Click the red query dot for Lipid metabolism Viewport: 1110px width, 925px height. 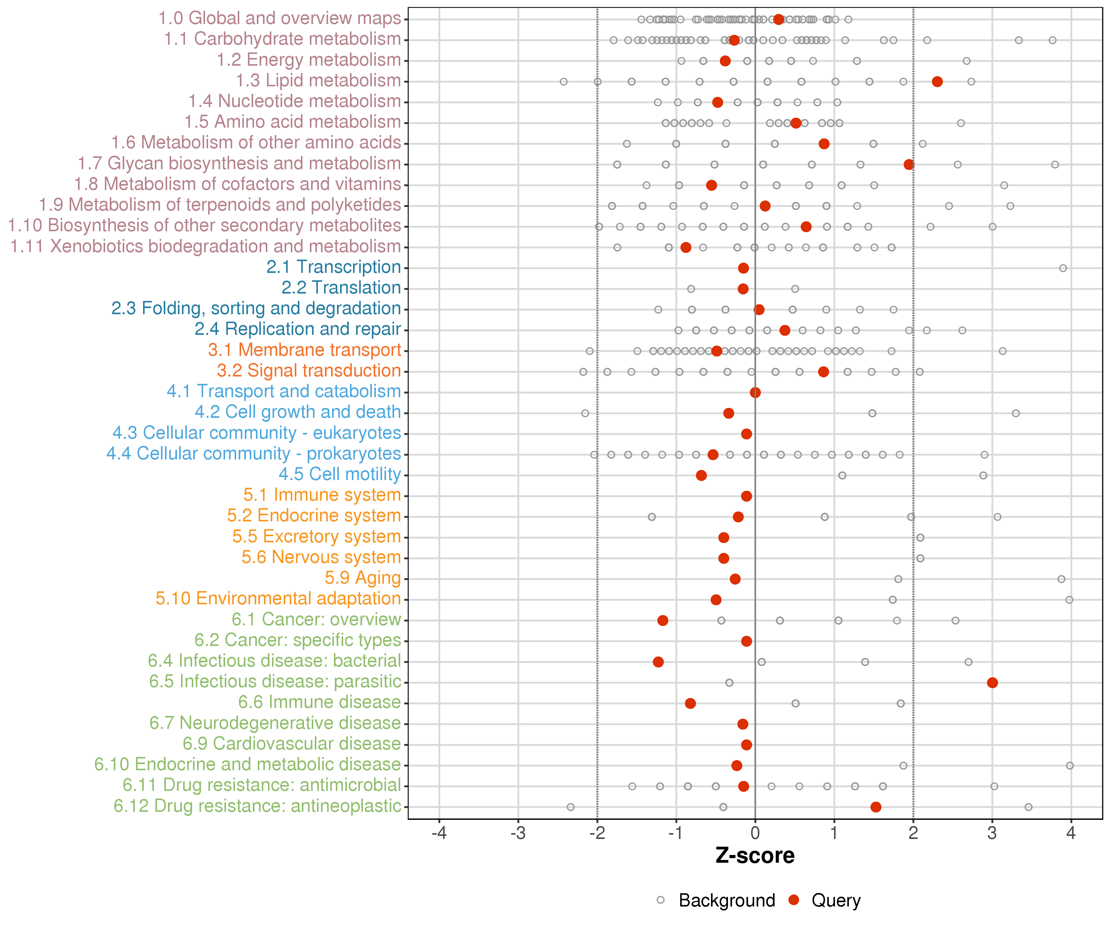pos(937,81)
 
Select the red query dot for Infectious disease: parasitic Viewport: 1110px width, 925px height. pos(992,682)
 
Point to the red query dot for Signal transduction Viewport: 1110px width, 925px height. pos(823,372)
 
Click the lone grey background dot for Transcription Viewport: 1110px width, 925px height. pos(1063,268)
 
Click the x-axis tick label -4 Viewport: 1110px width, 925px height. pos(439,833)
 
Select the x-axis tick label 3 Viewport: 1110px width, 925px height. pos(992,833)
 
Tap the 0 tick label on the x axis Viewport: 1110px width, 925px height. pos(755,833)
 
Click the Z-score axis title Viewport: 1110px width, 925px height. pos(755,856)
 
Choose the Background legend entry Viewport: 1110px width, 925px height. pos(727,900)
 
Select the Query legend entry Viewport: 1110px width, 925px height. pos(836,900)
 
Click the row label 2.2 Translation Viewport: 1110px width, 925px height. pos(341,288)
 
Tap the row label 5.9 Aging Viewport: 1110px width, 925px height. pos(363,578)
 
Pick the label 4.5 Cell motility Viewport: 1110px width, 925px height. pos(340,474)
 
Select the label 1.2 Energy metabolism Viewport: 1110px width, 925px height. pos(309,60)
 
